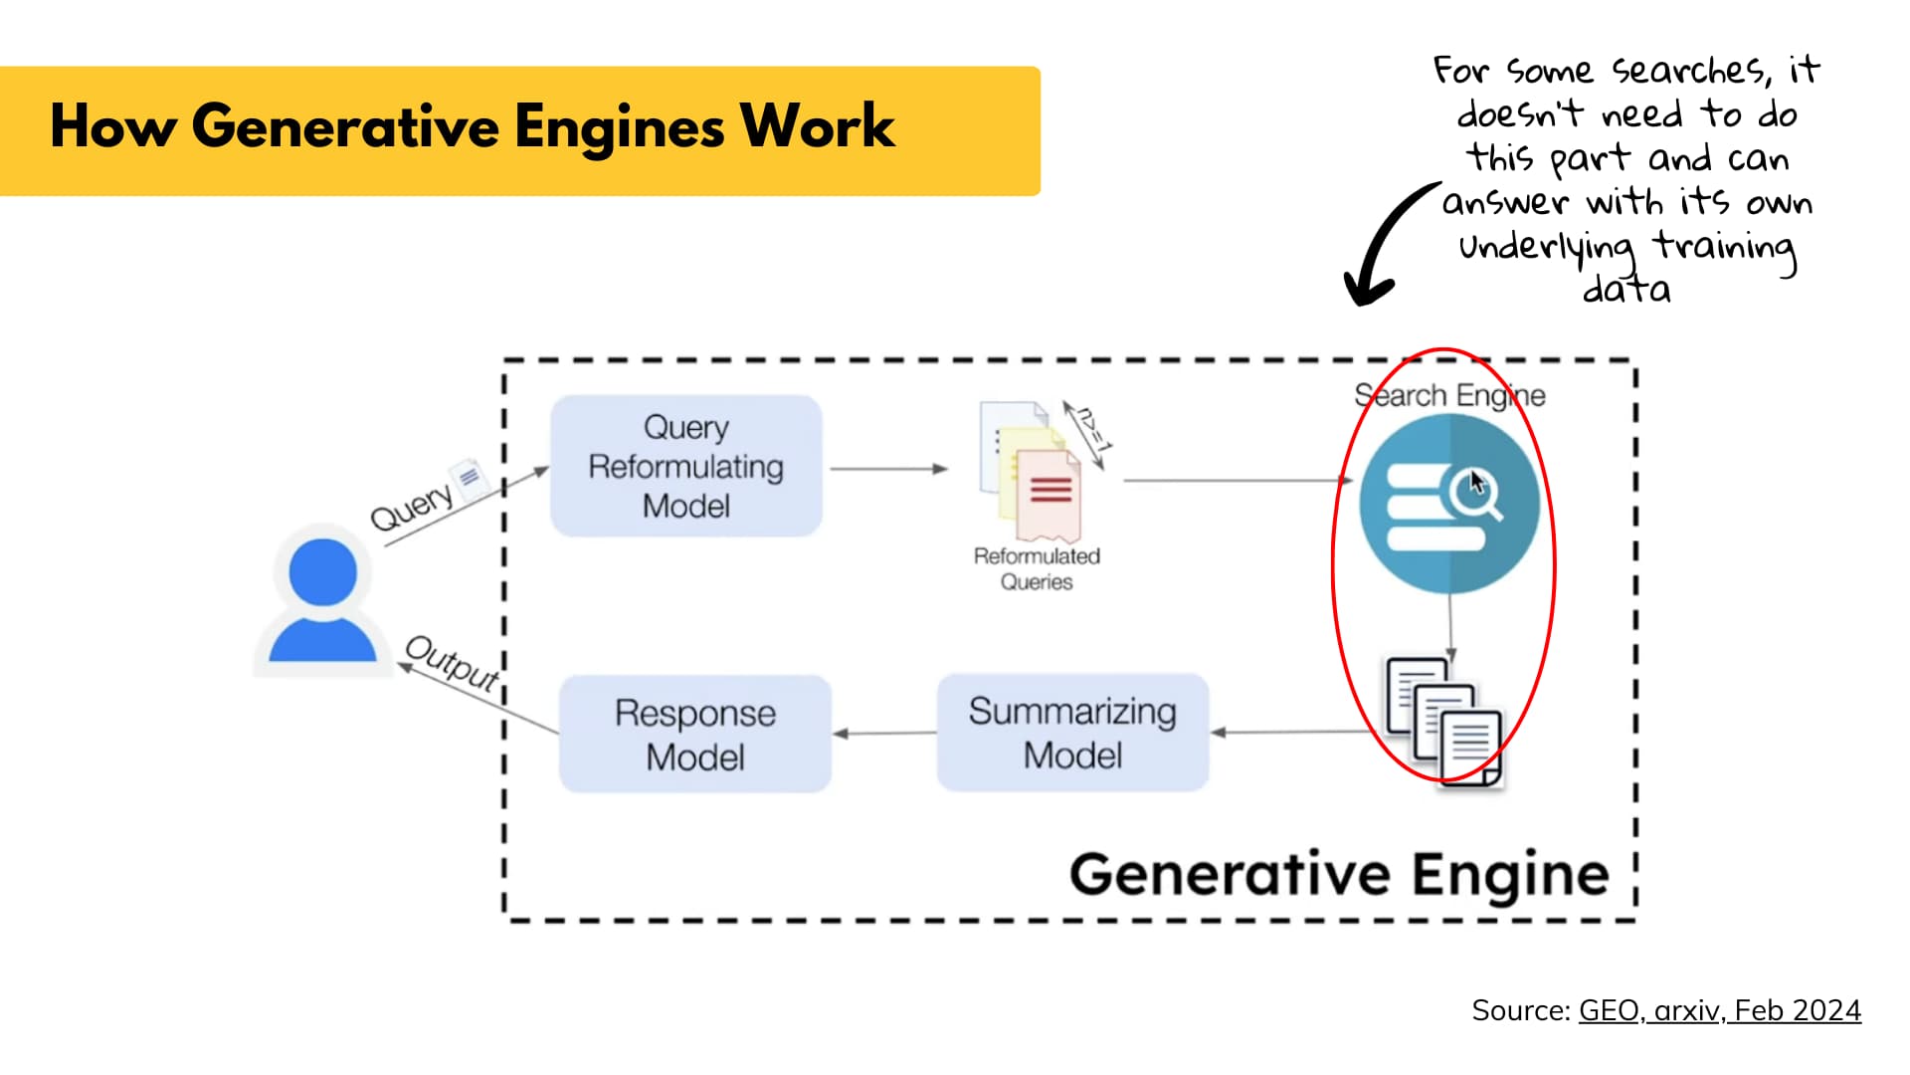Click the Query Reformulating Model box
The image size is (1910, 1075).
686,466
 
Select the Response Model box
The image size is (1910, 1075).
694,735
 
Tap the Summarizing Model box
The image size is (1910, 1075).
1072,733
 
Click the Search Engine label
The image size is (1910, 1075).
1449,395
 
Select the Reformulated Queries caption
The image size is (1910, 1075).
1037,568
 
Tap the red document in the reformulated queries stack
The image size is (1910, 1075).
1049,494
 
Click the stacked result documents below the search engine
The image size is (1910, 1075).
1443,721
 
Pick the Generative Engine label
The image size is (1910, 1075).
1339,874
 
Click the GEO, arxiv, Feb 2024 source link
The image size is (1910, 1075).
1719,1010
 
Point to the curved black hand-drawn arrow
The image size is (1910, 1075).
1384,244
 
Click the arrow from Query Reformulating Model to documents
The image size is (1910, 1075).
887,468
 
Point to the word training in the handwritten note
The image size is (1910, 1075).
1725,246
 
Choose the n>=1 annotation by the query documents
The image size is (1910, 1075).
1091,431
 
